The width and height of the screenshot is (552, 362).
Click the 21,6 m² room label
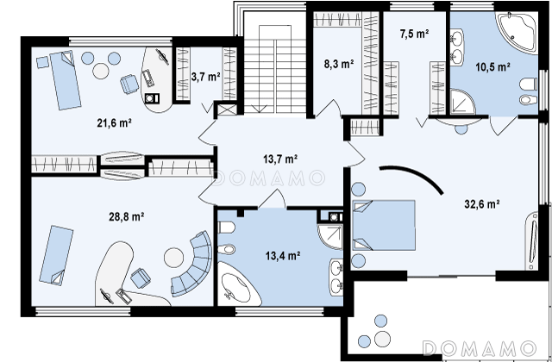point(114,122)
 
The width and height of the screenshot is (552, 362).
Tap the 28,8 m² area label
point(127,216)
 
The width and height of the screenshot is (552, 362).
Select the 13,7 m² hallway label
point(280,159)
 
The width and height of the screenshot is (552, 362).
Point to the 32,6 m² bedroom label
point(482,204)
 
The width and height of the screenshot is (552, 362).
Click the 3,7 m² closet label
point(206,77)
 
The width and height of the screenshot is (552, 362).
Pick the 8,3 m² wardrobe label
point(339,64)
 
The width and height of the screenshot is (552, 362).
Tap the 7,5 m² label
point(414,34)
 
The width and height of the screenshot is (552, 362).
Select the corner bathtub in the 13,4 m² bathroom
point(235,285)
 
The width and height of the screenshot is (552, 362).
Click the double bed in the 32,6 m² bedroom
point(384,225)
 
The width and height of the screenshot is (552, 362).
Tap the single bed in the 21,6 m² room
point(66,80)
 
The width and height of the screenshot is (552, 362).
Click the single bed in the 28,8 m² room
point(56,255)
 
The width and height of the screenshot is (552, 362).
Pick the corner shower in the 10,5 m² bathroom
point(462,102)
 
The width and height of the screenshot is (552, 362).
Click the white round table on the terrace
point(382,339)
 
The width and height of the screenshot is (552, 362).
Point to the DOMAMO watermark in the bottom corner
point(480,348)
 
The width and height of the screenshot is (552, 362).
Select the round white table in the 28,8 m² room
point(174,258)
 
